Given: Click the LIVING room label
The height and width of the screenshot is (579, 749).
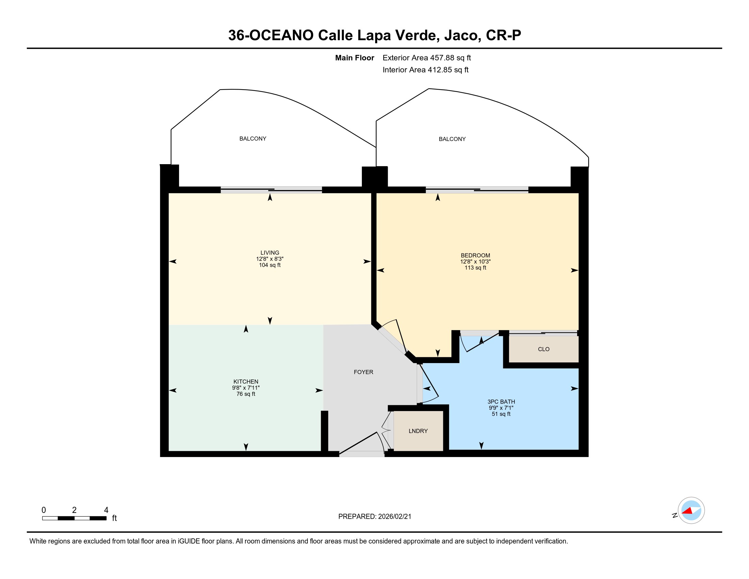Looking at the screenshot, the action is (x=270, y=253).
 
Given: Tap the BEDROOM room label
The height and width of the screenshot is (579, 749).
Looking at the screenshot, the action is (x=475, y=255).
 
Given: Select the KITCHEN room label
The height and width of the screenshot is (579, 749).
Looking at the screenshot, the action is (x=245, y=382).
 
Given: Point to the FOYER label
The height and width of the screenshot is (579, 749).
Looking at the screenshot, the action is (x=364, y=372).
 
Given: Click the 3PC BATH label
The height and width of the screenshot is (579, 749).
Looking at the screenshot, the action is (x=501, y=402).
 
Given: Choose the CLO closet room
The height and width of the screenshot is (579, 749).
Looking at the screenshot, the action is (x=544, y=349).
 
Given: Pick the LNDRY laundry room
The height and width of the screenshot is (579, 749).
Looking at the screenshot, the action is (x=418, y=431).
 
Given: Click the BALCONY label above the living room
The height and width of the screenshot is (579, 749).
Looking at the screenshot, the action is (x=253, y=139).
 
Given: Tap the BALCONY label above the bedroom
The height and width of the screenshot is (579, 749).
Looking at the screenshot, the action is (x=452, y=139).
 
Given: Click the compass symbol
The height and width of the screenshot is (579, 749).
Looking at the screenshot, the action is (x=691, y=511).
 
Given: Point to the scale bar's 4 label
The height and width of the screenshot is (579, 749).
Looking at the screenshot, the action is (x=106, y=510).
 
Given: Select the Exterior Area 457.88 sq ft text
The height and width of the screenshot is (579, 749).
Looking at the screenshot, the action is (x=427, y=58).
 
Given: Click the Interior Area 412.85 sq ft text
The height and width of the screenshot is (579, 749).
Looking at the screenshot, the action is (x=425, y=69).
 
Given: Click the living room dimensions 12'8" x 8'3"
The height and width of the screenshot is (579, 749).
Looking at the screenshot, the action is (x=270, y=259).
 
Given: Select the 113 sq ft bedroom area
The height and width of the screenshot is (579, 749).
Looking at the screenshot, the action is (x=475, y=268).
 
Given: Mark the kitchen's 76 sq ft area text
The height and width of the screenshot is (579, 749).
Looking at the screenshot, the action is (x=245, y=394).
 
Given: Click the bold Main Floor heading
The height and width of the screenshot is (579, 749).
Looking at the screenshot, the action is (x=355, y=58).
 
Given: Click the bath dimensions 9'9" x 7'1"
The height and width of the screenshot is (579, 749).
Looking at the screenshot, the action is (x=501, y=408).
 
